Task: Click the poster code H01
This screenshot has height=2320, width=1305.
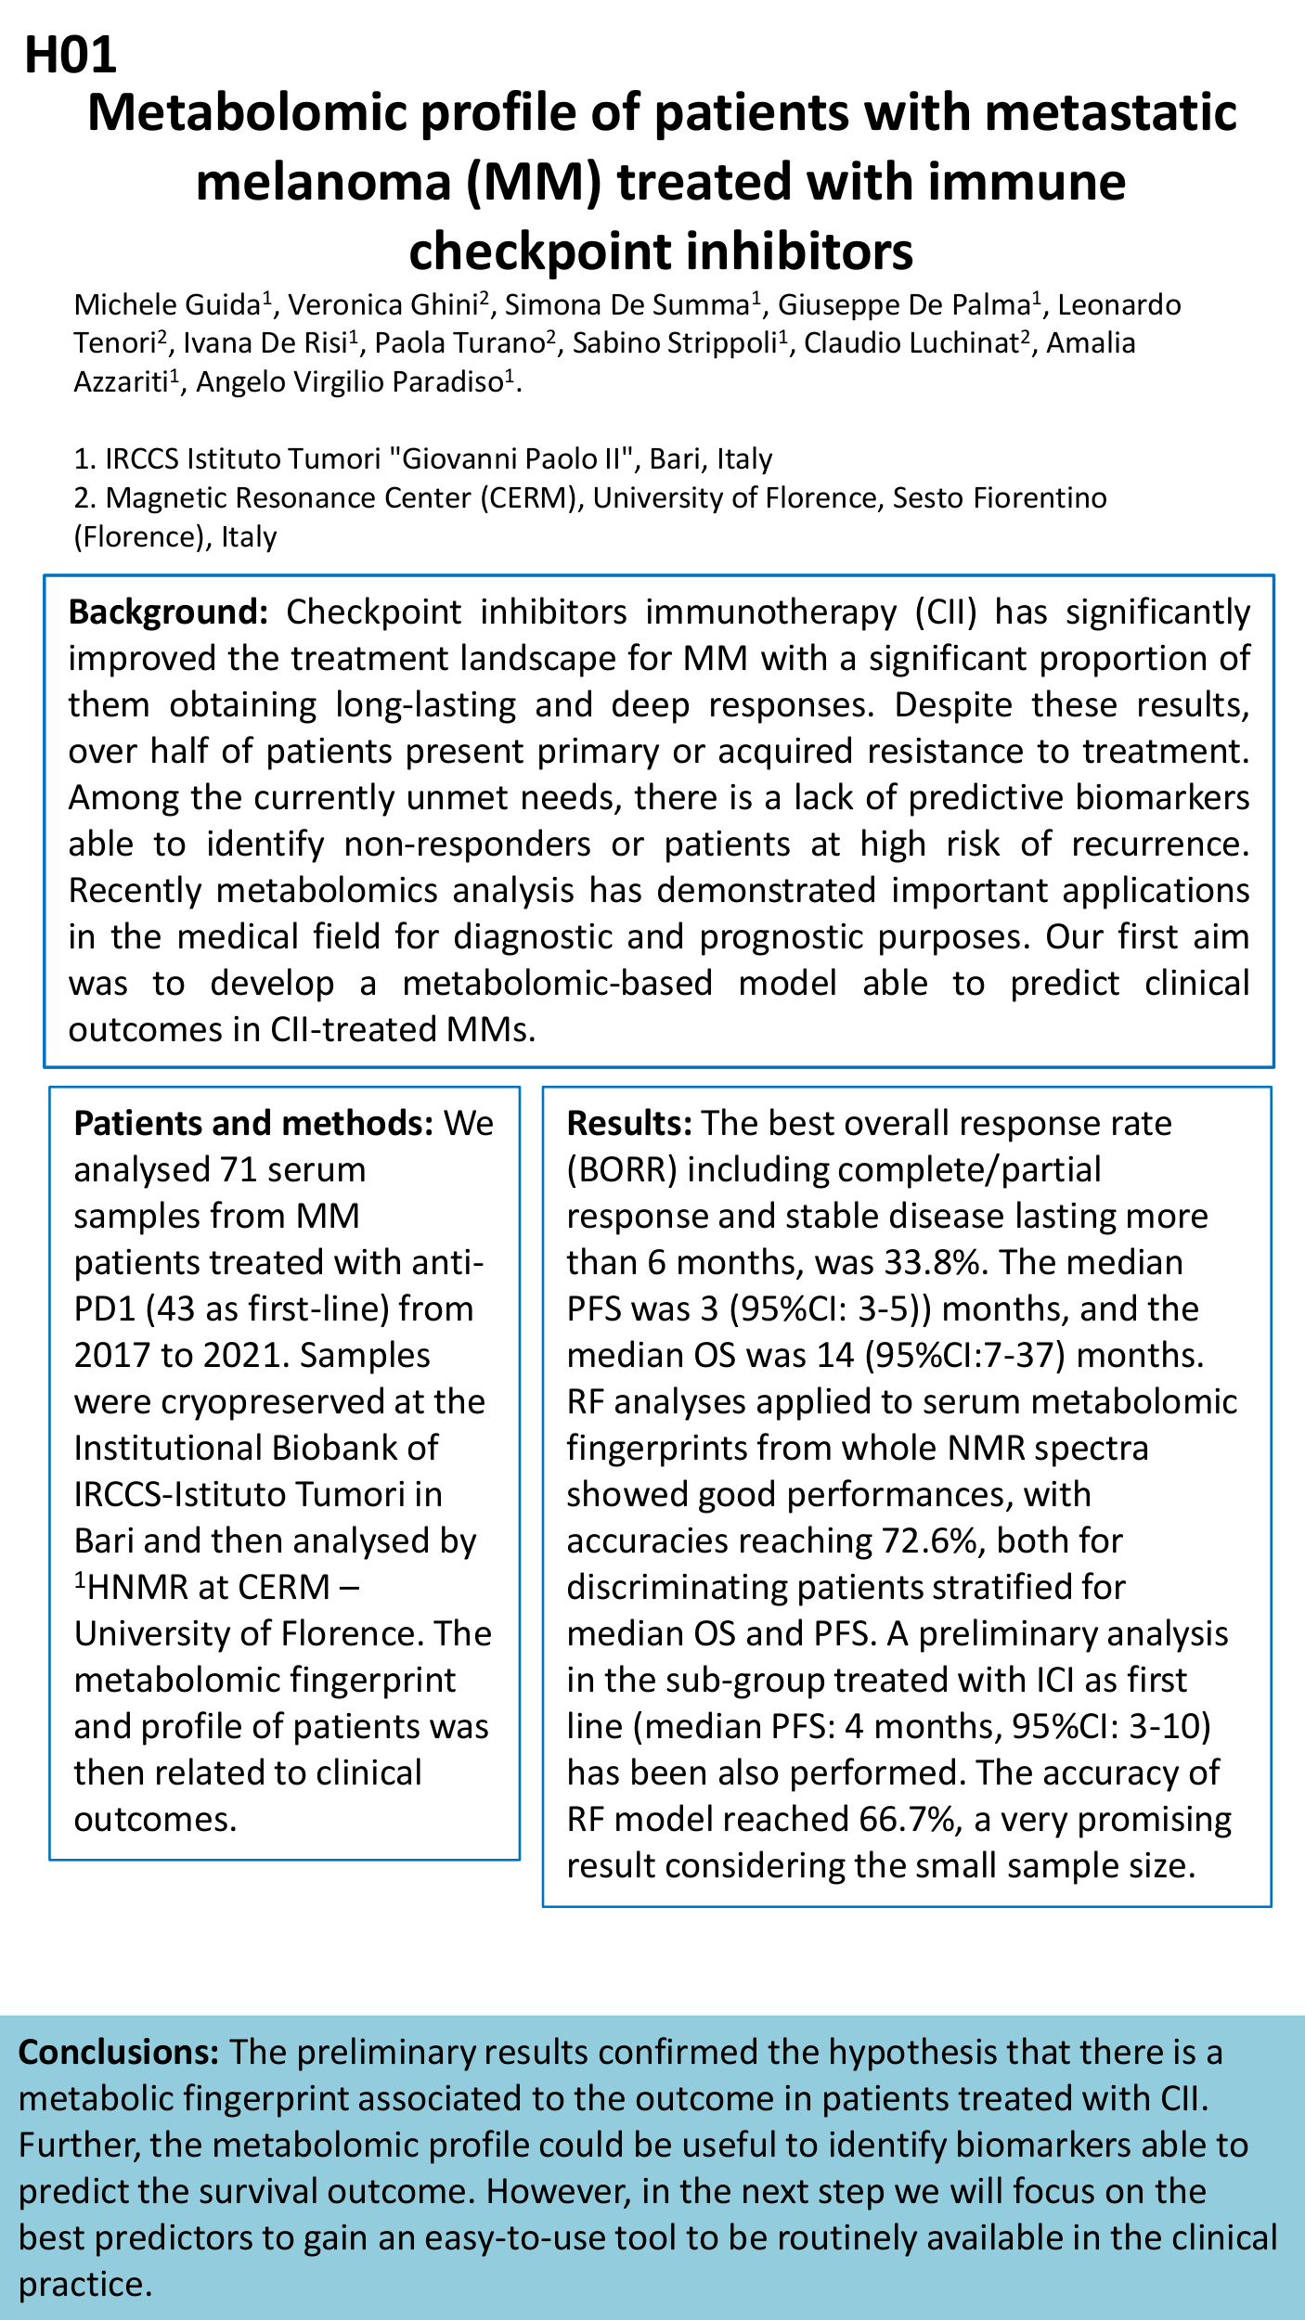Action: (x=71, y=55)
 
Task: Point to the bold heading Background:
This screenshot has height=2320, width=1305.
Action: (x=168, y=613)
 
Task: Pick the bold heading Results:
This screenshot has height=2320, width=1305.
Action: (x=629, y=1124)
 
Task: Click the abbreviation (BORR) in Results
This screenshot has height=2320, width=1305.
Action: (x=621, y=1170)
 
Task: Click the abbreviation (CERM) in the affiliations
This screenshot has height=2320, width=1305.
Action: (x=529, y=498)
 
